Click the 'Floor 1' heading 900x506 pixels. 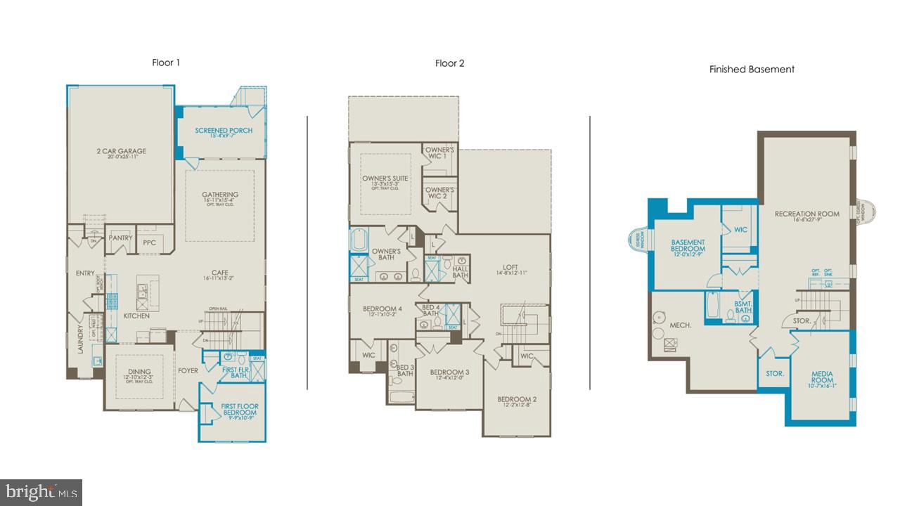click(166, 63)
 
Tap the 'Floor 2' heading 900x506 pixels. click(449, 63)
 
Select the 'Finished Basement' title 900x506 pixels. click(752, 69)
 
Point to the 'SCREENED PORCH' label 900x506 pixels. click(224, 131)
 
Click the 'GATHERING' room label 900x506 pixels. click(220, 195)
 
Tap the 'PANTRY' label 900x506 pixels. click(121, 238)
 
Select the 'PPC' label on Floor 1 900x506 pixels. click(149, 242)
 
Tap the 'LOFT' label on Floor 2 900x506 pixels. click(510, 267)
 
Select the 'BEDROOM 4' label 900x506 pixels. click(382, 309)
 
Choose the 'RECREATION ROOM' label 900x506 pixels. click(806, 214)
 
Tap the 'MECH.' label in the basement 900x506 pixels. click(680, 325)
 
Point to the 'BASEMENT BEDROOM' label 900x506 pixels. click(687, 246)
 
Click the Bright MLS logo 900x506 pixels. click(41, 491)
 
